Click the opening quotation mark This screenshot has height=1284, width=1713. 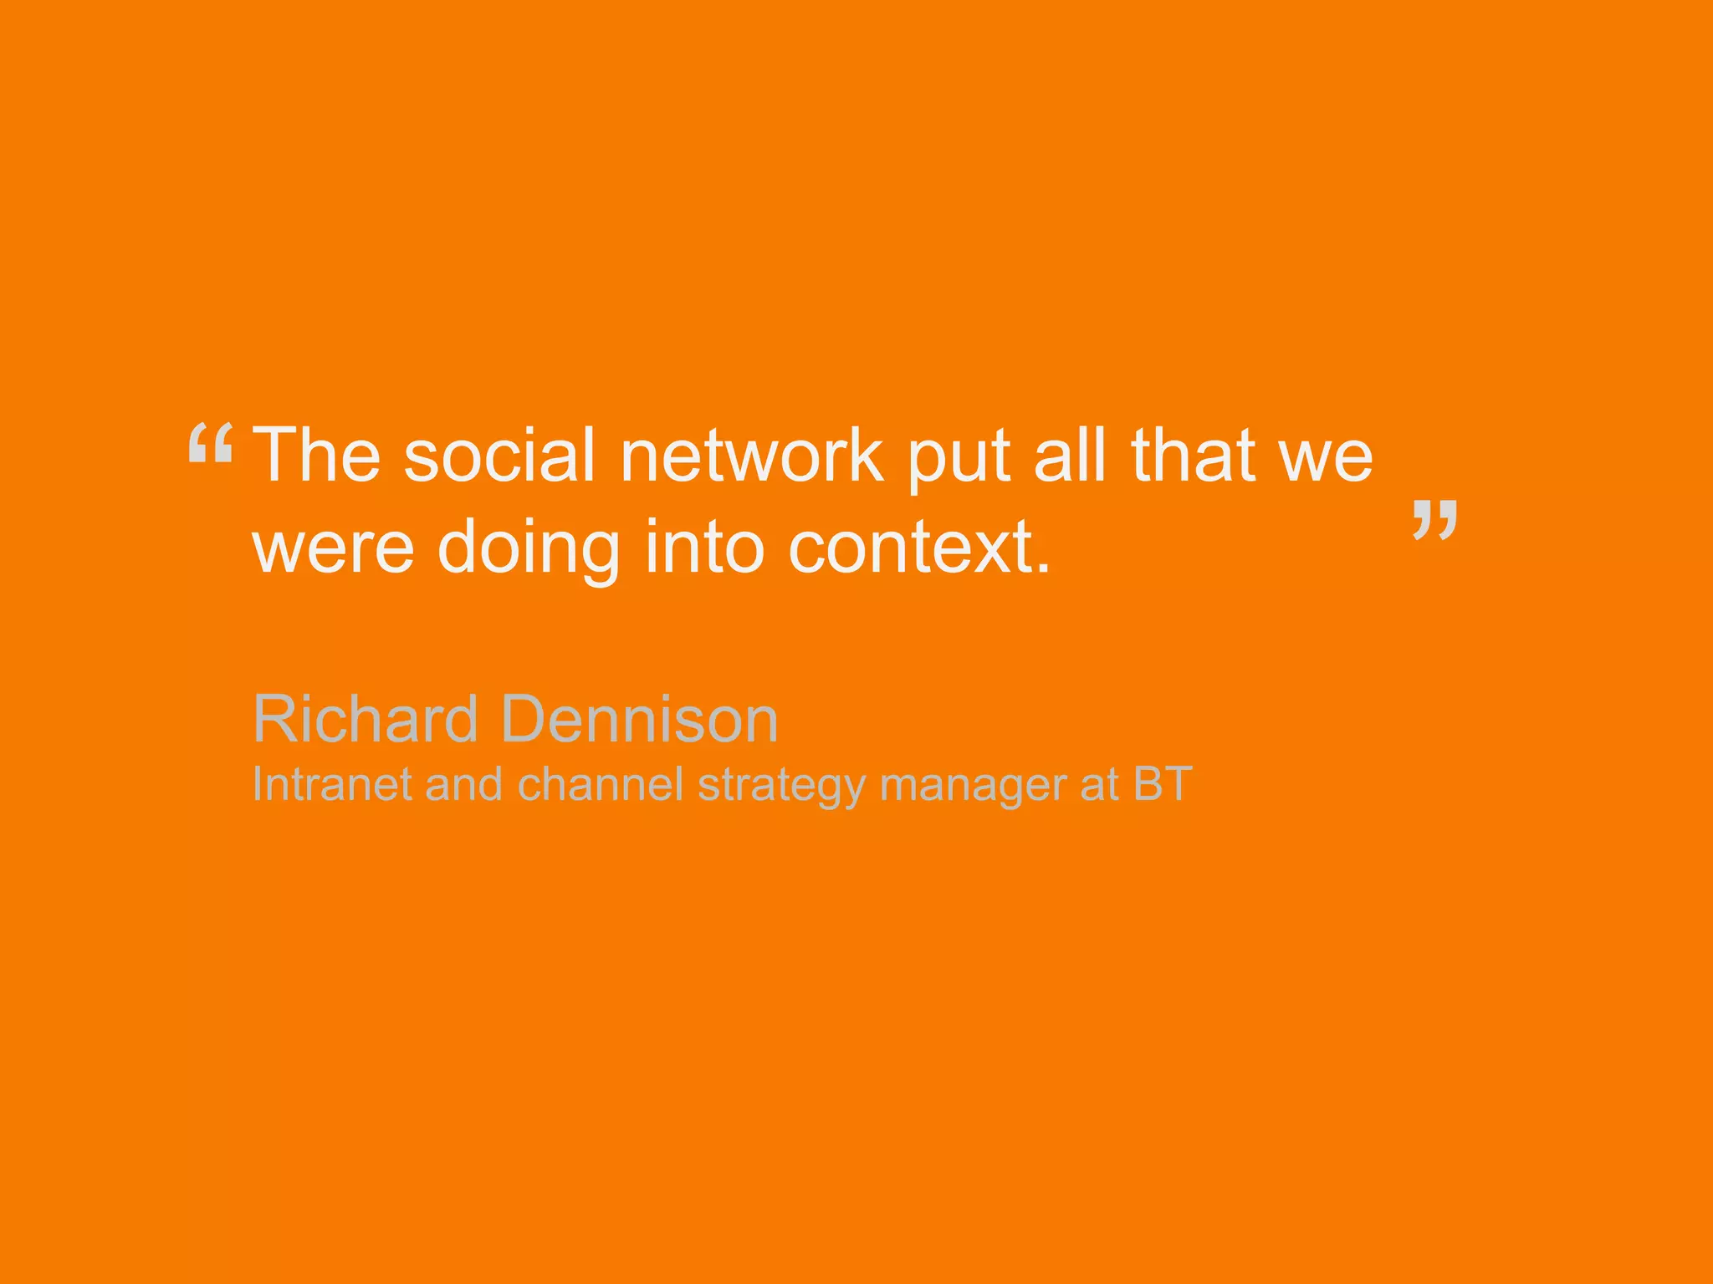[x=210, y=443]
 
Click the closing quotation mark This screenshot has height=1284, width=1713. [x=1435, y=519]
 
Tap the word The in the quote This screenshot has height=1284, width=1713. [x=317, y=455]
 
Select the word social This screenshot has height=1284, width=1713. [x=499, y=455]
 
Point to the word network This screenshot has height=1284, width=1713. [x=752, y=455]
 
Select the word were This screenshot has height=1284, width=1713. [x=334, y=549]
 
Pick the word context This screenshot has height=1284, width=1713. [x=918, y=549]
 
